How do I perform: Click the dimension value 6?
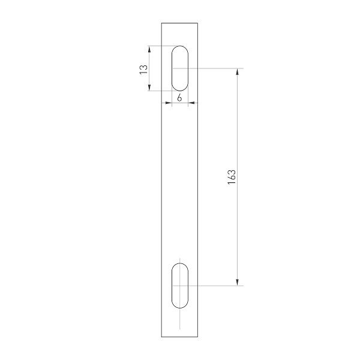click(179, 98)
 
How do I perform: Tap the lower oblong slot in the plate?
click(180, 285)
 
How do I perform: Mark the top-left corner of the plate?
click(161, 23)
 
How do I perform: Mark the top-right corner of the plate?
click(199, 23)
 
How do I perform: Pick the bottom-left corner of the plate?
click(161, 337)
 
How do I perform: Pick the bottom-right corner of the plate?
click(199, 337)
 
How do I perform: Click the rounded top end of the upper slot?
click(180, 47)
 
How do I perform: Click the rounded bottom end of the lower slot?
click(180, 307)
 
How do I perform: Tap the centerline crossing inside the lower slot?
click(180, 285)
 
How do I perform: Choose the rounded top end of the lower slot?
click(180, 263)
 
